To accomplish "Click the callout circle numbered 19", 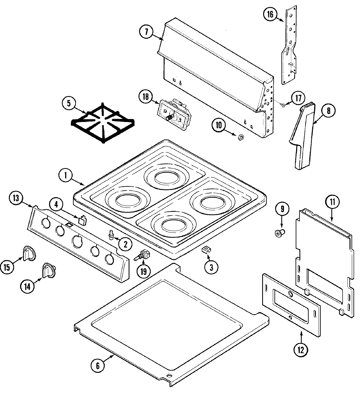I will [144, 271].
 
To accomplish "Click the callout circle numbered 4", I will [56, 205].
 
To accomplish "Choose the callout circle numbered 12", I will [300, 350].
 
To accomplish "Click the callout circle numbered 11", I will [332, 202].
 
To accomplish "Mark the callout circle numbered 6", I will [98, 366].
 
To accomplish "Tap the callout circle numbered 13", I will [16, 198].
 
